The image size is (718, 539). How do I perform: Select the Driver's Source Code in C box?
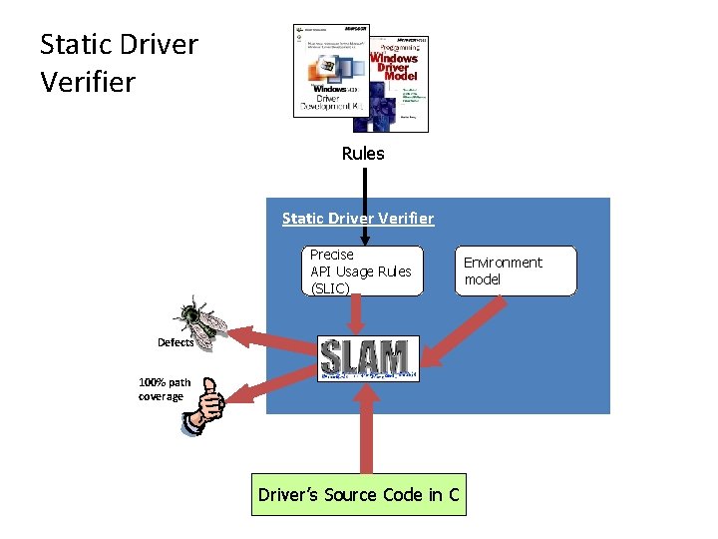coord(358,495)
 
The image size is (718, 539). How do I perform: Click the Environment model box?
coord(518,270)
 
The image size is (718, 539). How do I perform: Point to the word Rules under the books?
coord(362,154)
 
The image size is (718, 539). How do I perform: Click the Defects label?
coord(176,342)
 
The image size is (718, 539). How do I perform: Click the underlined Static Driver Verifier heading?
coord(358,218)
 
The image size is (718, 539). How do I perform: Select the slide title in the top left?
coord(119,63)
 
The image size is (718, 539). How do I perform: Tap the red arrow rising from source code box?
coord(366,430)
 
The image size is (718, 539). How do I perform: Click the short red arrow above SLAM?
coord(357,317)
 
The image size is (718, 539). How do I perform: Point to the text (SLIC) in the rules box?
coord(330,288)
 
